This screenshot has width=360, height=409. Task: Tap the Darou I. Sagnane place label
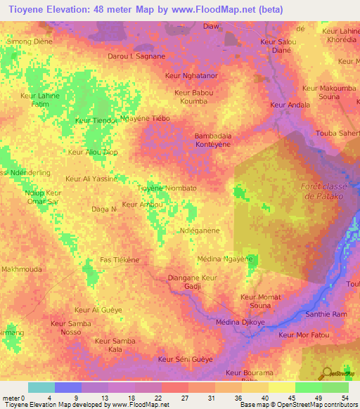[136, 56]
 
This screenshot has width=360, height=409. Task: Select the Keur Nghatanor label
[190, 74]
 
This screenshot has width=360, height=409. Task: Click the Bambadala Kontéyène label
[212, 139]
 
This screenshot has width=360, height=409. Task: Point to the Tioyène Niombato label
[166, 188]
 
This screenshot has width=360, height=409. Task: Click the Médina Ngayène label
[225, 259]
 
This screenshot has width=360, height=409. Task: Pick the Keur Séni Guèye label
[186, 359]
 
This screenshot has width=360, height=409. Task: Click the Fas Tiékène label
[120, 259]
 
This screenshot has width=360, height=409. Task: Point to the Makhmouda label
[22, 269]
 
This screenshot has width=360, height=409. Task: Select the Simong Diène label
[27, 41]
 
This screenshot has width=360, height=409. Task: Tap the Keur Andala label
[290, 105]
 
